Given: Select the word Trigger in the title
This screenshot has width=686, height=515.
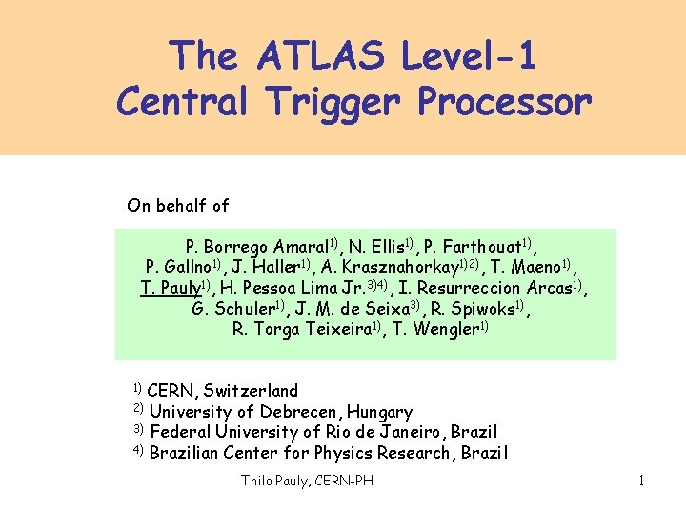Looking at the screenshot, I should [348, 100].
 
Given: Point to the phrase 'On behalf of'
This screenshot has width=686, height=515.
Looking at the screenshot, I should [178, 205].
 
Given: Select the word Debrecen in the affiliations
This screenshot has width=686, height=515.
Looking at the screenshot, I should [299, 412].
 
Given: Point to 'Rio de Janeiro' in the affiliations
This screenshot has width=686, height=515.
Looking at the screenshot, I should [379, 432].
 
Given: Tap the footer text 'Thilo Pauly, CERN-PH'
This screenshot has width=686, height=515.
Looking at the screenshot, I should [307, 481].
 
